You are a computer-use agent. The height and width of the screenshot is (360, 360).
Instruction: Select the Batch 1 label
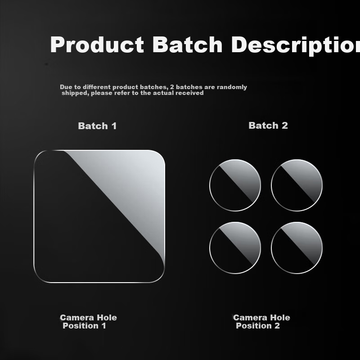pyautogui.click(x=97, y=126)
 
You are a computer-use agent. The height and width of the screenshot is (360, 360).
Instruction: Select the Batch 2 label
pyautogui.click(x=268, y=126)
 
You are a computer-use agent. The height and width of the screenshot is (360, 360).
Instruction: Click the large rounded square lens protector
pyautogui.click(x=99, y=216)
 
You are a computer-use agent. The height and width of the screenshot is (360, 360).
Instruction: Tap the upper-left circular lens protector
pyautogui.click(x=235, y=185)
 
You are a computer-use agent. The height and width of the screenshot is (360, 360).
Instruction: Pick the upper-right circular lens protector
pyautogui.click(x=297, y=185)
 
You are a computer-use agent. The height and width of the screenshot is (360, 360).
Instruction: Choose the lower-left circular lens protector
pyautogui.click(x=235, y=247)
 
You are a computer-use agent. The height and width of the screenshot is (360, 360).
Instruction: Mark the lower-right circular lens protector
pyautogui.click(x=297, y=247)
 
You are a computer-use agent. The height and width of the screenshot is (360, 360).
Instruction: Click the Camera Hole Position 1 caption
pyautogui.click(x=88, y=321)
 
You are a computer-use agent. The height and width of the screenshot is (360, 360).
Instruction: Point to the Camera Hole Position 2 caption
pyautogui.click(x=261, y=321)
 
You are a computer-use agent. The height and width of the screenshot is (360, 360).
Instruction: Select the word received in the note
pyautogui.click(x=190, y=93)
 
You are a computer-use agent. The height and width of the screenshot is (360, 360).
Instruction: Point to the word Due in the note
pyautogui.click(x=66, y=87)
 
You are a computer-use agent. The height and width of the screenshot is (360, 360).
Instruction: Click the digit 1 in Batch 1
pyautogui.click(x=114, y=126)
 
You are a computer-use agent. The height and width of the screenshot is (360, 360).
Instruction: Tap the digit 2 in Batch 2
pyautogui.click(x=284, y=126)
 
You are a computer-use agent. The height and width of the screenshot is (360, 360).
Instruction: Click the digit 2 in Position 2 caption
pyautogui.click(x=277, y=326)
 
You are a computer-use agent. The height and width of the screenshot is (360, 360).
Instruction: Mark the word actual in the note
pyautogui.click(x=164, y=93)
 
